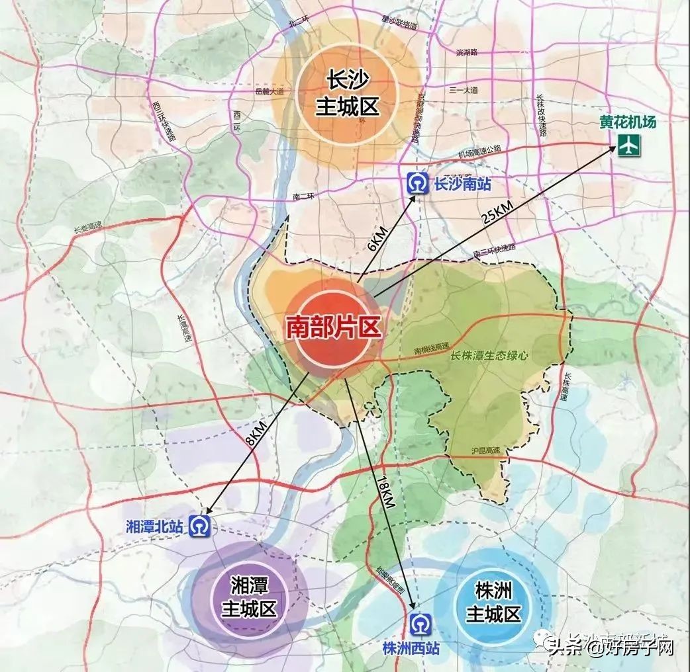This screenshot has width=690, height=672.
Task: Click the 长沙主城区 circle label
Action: [346, 94]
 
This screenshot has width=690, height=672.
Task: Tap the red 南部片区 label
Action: [333, 327]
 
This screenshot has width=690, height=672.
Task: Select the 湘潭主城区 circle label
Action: [244, 596]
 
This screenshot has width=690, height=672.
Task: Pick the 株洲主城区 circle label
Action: [494, 601]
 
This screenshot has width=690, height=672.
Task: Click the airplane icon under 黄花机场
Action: [626, 146]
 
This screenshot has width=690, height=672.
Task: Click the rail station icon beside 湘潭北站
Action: [199, 526]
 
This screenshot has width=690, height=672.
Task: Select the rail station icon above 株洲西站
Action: [420, 624]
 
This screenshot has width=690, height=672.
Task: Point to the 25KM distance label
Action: [498, 211]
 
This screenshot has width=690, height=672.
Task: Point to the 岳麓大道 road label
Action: [268, 91]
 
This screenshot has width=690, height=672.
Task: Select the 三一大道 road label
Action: [464, 90]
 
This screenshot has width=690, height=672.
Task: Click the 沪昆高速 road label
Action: [486, 450]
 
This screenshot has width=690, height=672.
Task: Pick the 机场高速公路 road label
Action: [480, 152]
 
